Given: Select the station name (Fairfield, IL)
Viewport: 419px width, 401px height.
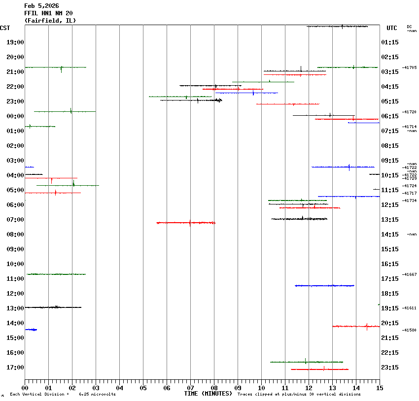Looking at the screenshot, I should (50, 21).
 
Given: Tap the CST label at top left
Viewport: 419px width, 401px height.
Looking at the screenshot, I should (5, 28).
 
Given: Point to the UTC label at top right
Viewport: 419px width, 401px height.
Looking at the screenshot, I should (391, 28).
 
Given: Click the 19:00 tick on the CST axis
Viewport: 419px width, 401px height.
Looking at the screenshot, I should (15, 42).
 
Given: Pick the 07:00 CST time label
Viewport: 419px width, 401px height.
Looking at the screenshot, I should (15, 220).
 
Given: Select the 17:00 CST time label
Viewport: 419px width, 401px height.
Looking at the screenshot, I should (15, 368).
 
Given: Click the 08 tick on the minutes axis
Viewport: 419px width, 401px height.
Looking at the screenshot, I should (214, 388).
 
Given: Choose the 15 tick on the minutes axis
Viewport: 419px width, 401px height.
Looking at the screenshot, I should (380, 388).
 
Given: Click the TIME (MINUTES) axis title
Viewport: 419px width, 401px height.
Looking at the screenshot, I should (208, 394).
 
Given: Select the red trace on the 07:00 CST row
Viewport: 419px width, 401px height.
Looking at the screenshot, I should (186, 223).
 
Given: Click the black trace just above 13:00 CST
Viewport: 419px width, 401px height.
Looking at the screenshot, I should (53, 307).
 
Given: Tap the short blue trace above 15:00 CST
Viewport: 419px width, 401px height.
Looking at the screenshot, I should (31, 329).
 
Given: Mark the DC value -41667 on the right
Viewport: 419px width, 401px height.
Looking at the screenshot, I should (409, 274).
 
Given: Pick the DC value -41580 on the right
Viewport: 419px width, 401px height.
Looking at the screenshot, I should (409, 330).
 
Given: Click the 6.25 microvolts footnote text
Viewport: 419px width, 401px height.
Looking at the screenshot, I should (97, 394).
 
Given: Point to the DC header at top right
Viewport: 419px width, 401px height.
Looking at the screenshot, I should (409, 27).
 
